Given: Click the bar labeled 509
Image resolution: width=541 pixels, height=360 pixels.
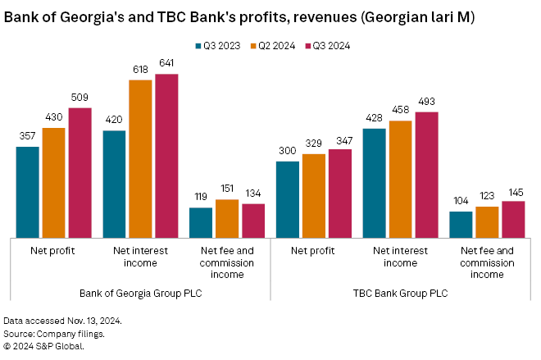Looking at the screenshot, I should pos(80,172).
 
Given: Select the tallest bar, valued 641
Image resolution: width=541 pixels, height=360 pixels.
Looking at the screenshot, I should pos(166,156).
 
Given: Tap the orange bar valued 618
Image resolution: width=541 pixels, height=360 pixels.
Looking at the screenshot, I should pos(140,158).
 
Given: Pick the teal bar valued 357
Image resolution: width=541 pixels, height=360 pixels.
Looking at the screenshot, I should pos(27,192).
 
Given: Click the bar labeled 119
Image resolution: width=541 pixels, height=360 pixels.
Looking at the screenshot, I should pos(201,222).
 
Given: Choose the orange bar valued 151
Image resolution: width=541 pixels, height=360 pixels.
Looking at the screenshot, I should pos(227,218).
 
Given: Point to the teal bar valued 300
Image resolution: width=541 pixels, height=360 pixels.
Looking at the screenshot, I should pos(288,199).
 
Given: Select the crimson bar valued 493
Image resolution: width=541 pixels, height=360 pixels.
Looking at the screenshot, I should pos(426,175).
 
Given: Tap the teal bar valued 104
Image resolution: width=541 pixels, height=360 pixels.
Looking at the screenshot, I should pos(461,224).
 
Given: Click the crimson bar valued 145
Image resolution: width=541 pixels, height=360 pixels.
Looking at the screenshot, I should pos(513,219).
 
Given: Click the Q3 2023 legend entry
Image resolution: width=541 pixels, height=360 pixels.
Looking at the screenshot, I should pos(218,46).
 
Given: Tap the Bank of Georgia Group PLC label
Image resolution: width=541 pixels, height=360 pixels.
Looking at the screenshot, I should pos(140,293).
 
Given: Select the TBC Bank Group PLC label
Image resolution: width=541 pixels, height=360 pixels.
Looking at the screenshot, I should pos(401,293).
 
